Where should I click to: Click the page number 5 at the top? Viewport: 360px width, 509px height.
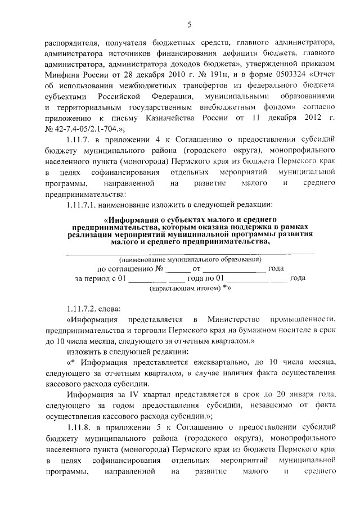click(x=189, y=24)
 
